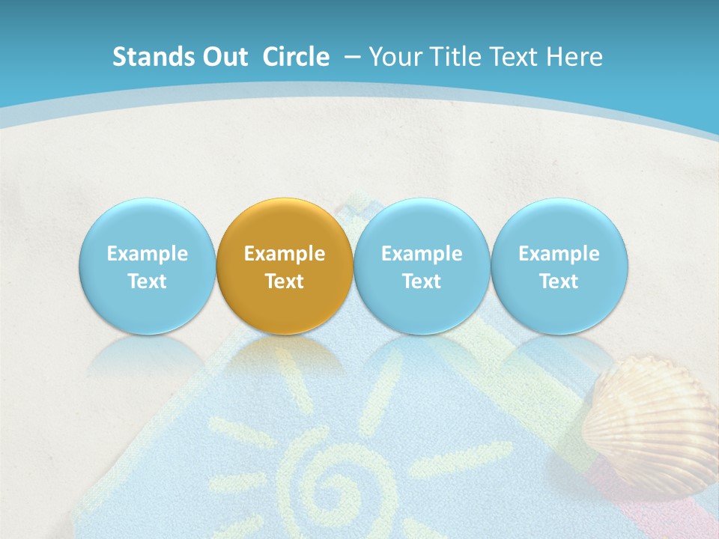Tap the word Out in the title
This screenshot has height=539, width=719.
tap(222, 57)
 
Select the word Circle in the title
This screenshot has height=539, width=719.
tap(296, 57)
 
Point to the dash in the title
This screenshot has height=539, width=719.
tap(352, 57)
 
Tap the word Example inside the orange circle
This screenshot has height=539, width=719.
tap(285, 254)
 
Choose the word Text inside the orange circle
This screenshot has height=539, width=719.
tap(285, 281)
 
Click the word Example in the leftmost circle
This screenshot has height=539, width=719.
tap(147, 254)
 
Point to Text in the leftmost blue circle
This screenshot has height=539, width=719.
tap(147, 281)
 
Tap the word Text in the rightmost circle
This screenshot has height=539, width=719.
tap(559, 281)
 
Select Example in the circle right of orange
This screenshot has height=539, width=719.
tap(422, 254)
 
